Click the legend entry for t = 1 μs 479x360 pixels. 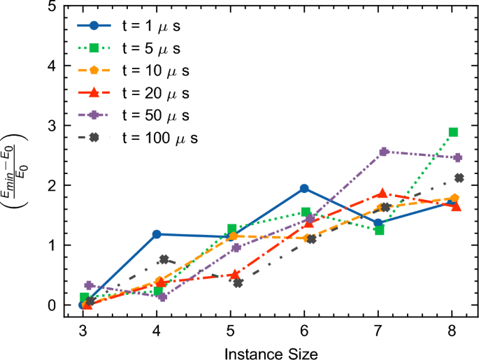coord(133,29)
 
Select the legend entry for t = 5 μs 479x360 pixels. coord(133,50)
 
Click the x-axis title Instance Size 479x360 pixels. coord(271,353)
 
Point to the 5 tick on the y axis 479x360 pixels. coord(52,6)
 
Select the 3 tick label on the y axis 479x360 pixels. coord(52,126)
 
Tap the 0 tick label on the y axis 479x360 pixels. coord(52,305)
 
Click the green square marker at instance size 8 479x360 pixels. coord(453,132)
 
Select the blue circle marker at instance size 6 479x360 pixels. coord(304,188)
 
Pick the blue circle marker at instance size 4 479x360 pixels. coord(157,234)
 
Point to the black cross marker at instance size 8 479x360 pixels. coord(459,178)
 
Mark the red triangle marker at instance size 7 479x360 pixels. coord(382,194)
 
